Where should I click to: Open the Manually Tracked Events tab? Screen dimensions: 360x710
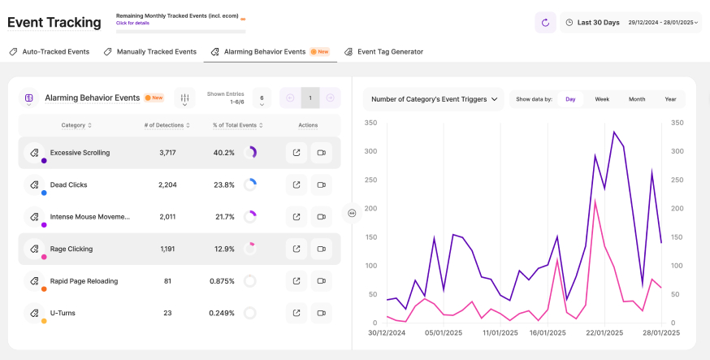pyautogui.click(x=150, y=52)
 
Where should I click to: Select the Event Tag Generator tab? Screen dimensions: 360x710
pyautogui.click(x=383, y=52)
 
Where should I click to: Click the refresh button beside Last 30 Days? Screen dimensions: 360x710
pyautogui.click(x=545, y=23)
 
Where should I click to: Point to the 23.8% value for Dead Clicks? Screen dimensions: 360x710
pyautogui.click(x=223, y=184)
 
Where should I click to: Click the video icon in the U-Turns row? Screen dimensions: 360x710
pyautogui.click(x=321, y=313)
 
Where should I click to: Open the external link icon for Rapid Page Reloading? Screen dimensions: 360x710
pyautogui.click(x=297, y=281)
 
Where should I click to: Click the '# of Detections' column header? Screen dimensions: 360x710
pyautogui.click(x=167, y=125)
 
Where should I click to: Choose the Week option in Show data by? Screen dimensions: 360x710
pyautogui.click(x=602, y=99)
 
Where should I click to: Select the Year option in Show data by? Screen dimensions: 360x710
pyautogui.click(x=670, y=99)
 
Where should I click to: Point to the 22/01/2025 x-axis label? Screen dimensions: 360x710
pyautogui.click(x=603, y=332)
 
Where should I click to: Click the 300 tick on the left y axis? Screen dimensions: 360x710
pyautogui.click(x=371, y=151)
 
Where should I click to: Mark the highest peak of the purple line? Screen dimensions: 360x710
pyautogui.click(x=614, y=132)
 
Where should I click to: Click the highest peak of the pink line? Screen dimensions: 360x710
pyautogui.click(x=595, y=199)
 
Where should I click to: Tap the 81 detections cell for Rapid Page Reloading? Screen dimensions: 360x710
pyautogui.click(x=167, y=281)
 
